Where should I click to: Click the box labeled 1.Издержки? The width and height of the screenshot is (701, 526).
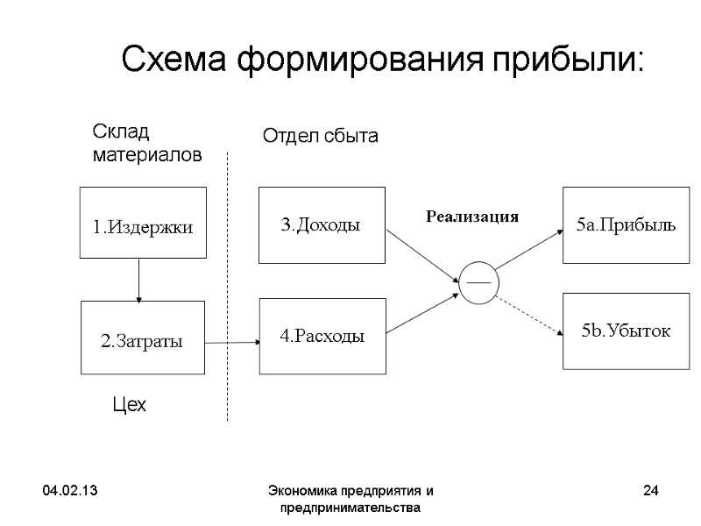(x=143, y=223)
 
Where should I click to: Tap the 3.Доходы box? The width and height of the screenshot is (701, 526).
(x=322, y=224)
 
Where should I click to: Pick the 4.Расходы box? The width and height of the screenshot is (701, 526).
(x=322, y=336)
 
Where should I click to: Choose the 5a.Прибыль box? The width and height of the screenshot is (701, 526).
(x=626, y=224)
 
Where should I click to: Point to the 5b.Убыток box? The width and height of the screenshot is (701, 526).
(x=626, y=331)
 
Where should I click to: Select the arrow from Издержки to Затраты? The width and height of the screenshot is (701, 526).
(x=138, y=280)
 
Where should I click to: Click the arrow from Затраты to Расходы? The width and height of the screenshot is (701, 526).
(x=231, y=343)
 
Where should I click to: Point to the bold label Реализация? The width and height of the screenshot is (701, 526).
(x=472, y=216)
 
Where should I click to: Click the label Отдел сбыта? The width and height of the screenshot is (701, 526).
(x=320, y=136)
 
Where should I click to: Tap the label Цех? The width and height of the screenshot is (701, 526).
(x=130, y=405)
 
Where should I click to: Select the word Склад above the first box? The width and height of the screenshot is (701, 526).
(x=122, y=132)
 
